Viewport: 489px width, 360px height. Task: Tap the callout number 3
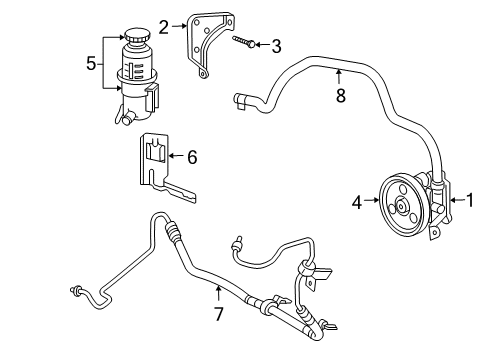point(276,44)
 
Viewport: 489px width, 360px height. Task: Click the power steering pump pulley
point(405,207)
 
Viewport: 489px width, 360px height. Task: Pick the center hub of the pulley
point(405,207)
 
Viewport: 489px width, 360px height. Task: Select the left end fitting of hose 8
point(241,98)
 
